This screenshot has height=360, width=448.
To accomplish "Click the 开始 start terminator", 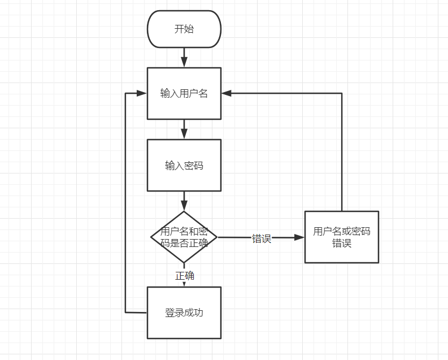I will point(184,29).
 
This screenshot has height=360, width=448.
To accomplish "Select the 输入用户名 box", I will point(184,93).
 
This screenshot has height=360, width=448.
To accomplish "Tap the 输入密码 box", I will point(184,165).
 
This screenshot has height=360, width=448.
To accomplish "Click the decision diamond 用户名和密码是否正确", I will point(184,237).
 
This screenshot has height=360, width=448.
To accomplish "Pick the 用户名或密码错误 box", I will point(341,237).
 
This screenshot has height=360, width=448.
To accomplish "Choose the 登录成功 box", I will point(184,313).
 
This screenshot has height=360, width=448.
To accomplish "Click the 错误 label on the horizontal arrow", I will point(262,238).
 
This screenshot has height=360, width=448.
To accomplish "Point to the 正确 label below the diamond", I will point(185,276).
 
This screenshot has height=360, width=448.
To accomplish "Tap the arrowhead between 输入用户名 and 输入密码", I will point(184,134).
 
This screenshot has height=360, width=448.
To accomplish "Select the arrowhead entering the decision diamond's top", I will point(184,206).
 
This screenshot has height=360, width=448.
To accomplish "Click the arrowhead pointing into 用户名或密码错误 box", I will point(299,237).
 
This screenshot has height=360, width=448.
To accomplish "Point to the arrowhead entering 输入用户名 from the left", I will point(142,93).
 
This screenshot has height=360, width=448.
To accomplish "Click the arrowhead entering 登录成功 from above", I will point(184,283).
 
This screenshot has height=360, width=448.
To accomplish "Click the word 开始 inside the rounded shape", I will point(184,29).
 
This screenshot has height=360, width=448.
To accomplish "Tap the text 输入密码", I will point(184,166).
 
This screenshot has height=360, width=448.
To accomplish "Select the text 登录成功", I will point(184,313).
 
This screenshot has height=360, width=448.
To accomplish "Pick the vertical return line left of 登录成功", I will point(125,203).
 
